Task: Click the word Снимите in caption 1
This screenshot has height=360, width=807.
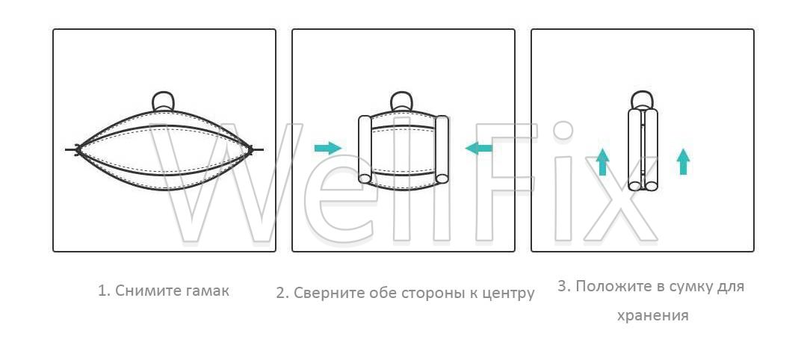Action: coord(146,291)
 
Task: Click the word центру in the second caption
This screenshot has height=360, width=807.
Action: coord(510,294)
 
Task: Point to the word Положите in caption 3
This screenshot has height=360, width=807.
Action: coord(612,287)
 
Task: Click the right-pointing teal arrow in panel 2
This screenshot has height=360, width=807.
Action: coord(328,148)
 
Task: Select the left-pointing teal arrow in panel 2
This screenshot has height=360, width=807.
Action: coord(479,149)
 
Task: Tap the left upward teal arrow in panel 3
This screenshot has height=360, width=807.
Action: coord(603,161)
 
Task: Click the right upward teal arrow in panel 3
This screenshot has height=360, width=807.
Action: coord(683,161)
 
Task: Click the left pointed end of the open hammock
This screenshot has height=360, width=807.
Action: coord(77,149)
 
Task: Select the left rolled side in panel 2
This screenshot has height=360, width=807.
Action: coord(365,149)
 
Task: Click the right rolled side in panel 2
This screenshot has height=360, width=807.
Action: coord(442,149)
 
